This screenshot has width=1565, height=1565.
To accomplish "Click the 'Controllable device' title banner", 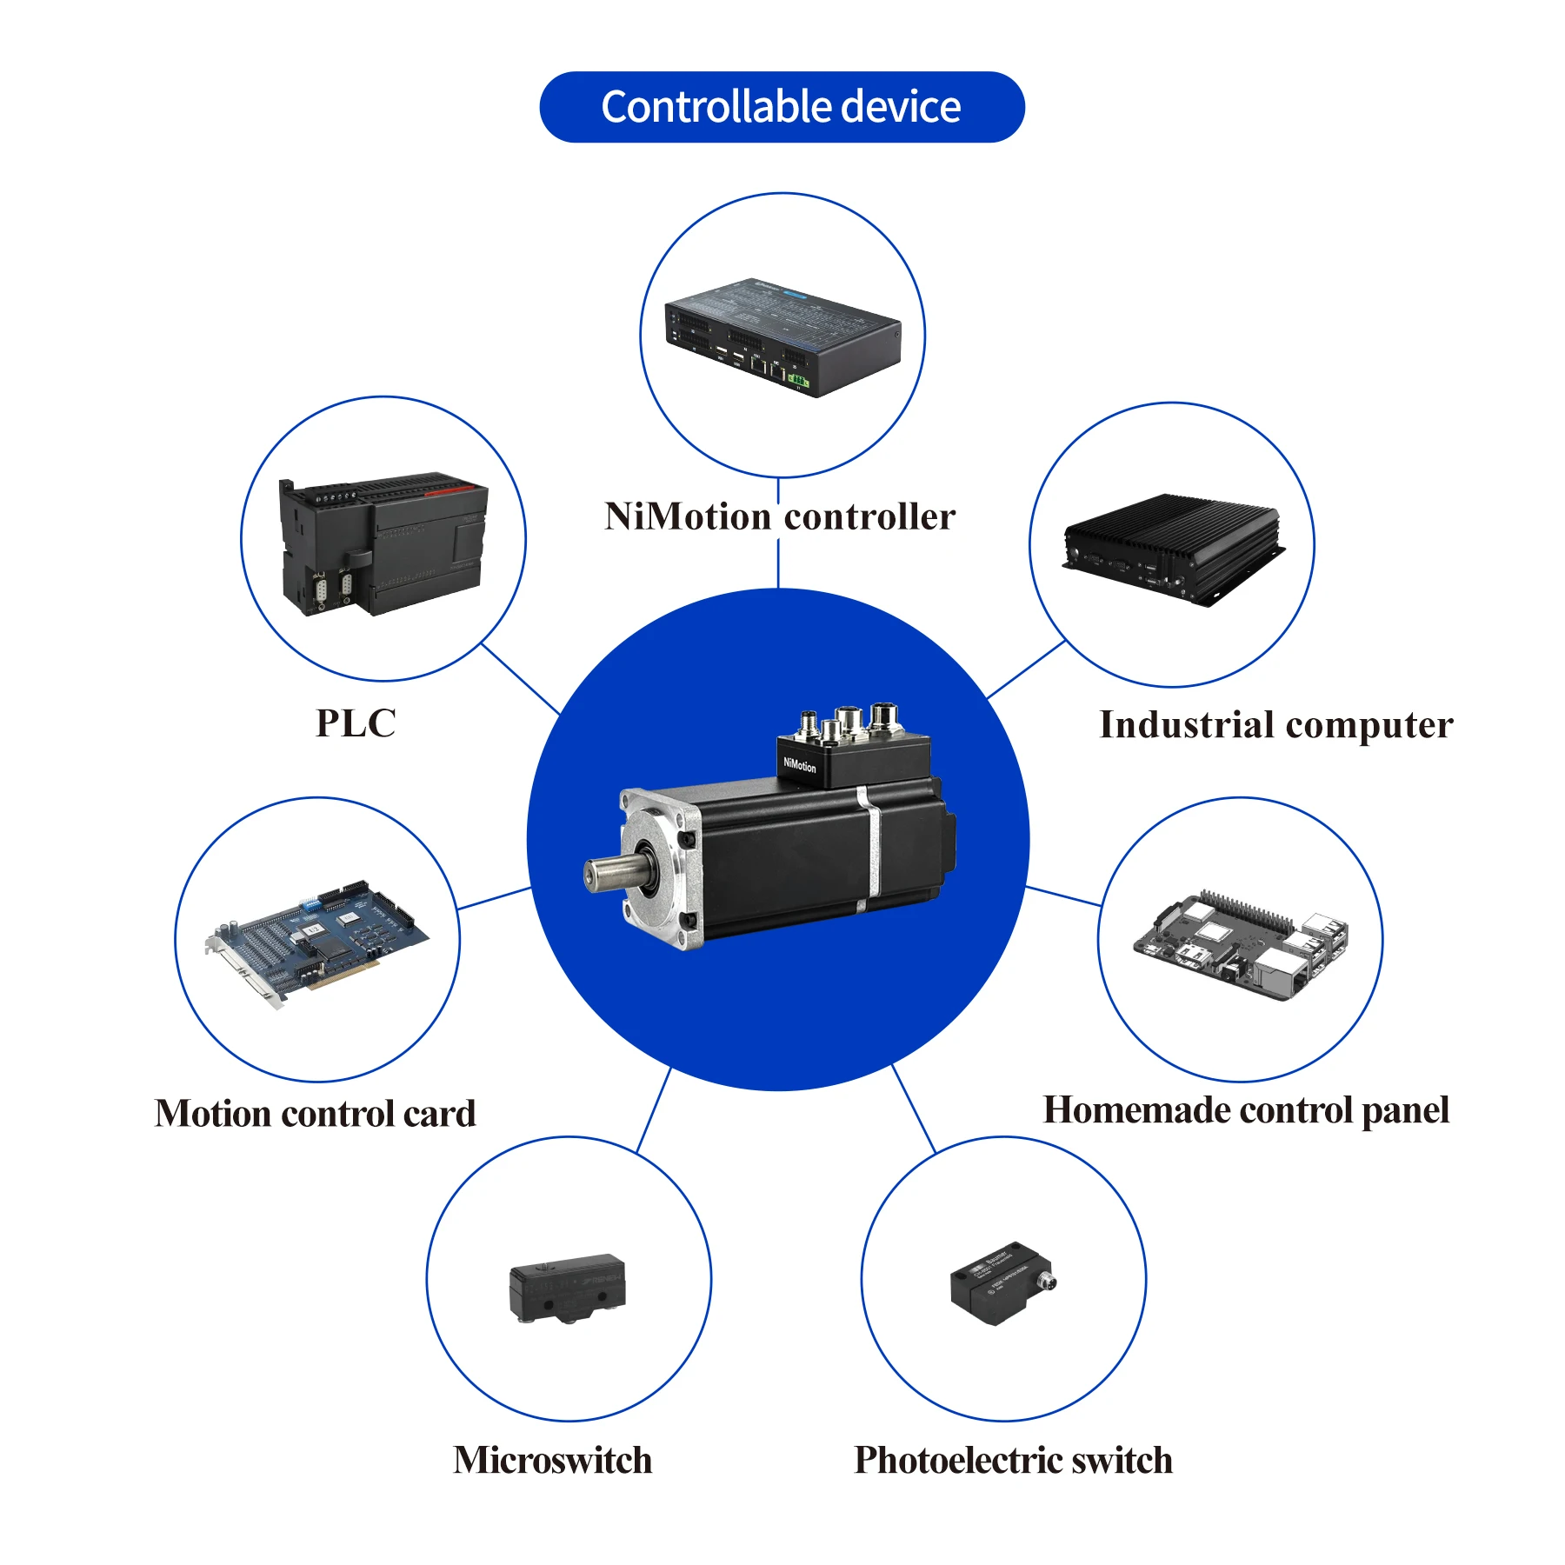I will pos(782,107).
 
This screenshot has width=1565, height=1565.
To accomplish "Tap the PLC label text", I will pos(356,723).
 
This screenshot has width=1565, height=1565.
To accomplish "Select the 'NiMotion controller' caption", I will pos(780,516).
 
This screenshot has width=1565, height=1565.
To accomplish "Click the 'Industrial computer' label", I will pos(1275,725).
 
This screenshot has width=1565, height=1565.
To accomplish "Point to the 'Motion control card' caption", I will pos(316,1114).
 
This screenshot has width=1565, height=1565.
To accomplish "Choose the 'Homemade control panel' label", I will pos(1246,1110).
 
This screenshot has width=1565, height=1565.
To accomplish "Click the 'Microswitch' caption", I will pos(553,1461).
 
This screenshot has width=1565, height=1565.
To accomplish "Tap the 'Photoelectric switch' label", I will pos(1013,1461).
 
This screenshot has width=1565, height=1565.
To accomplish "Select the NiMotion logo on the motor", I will pos(800,765).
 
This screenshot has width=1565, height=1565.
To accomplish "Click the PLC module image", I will pos(383,543).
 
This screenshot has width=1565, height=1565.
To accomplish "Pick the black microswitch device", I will pos(567,1287).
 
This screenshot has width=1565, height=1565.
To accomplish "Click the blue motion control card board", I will pos(322,943).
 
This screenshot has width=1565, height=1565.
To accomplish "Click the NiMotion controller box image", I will pos(782,336).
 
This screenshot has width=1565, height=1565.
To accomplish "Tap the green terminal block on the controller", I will pos(798,381).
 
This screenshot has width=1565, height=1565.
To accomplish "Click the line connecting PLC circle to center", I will pos(521,679).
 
